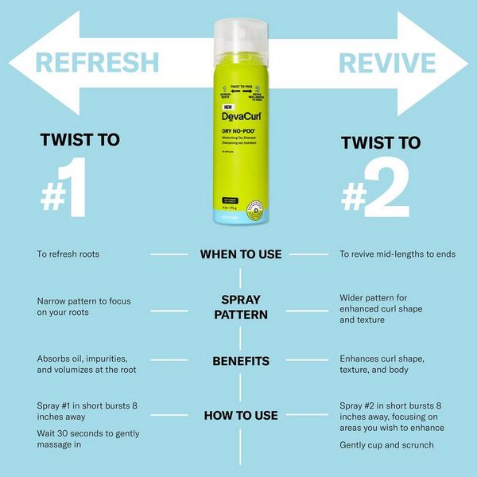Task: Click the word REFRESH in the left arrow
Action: (x=96, y=62)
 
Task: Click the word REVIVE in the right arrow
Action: (x=387, y=62)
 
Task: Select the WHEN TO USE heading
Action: (x=240, y=254)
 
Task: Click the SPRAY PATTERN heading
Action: (x=240, y=307)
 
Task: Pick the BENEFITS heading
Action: (x=240, y=361)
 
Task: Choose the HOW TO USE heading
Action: (x=240, y=415)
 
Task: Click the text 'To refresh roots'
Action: (x=72, y=254)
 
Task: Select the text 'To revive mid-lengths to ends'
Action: (x=397, y=254)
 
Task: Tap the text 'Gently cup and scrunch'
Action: (x=386, y=445)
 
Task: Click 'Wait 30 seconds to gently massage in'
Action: (x=88, y=439)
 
